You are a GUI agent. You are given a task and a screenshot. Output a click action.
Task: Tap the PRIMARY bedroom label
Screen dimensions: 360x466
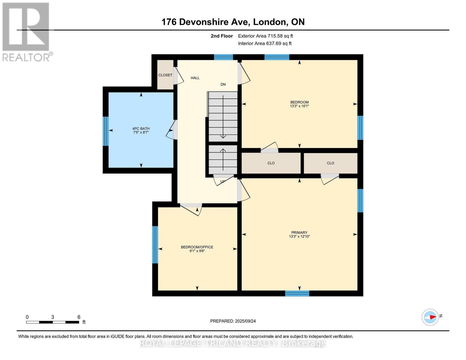299,232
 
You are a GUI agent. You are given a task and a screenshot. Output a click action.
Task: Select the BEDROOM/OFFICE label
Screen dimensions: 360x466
197,247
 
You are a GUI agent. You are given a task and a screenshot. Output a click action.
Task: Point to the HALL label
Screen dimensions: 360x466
195,78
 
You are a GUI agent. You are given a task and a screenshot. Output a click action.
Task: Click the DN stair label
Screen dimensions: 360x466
223,85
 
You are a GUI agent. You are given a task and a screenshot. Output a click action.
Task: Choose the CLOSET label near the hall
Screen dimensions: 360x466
165,75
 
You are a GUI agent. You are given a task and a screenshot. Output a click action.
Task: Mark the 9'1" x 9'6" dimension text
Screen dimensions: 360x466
197,251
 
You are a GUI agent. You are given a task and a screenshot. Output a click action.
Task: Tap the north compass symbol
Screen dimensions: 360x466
430,317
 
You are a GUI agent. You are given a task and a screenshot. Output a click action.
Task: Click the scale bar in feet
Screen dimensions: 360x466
53,322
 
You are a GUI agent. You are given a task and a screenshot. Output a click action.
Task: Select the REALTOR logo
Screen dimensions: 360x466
26,31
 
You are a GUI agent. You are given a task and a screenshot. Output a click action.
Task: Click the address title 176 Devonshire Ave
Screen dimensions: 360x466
233,22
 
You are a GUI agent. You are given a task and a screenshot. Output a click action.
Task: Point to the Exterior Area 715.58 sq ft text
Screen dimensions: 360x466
265,36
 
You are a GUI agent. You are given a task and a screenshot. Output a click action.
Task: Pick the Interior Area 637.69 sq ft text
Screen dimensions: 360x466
265,43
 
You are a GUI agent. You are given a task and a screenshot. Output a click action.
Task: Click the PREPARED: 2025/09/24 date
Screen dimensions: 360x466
233,321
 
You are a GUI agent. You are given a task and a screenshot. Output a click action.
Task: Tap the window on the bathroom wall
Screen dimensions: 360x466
105,131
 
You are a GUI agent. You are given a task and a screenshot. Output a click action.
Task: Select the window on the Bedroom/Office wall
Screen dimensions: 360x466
155,244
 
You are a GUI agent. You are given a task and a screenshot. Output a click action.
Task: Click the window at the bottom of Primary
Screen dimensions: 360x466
297,293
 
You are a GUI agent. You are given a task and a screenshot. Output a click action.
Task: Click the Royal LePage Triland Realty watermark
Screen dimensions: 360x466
233,343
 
